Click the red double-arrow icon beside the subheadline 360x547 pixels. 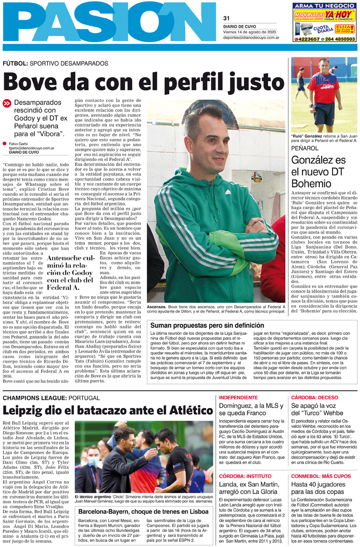pyautogui.click(x=7, y=102)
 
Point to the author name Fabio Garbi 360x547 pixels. pyautogui.click(x=19, y=144)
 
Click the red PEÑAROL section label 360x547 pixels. pyautogui.click(x=304, y=148)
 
